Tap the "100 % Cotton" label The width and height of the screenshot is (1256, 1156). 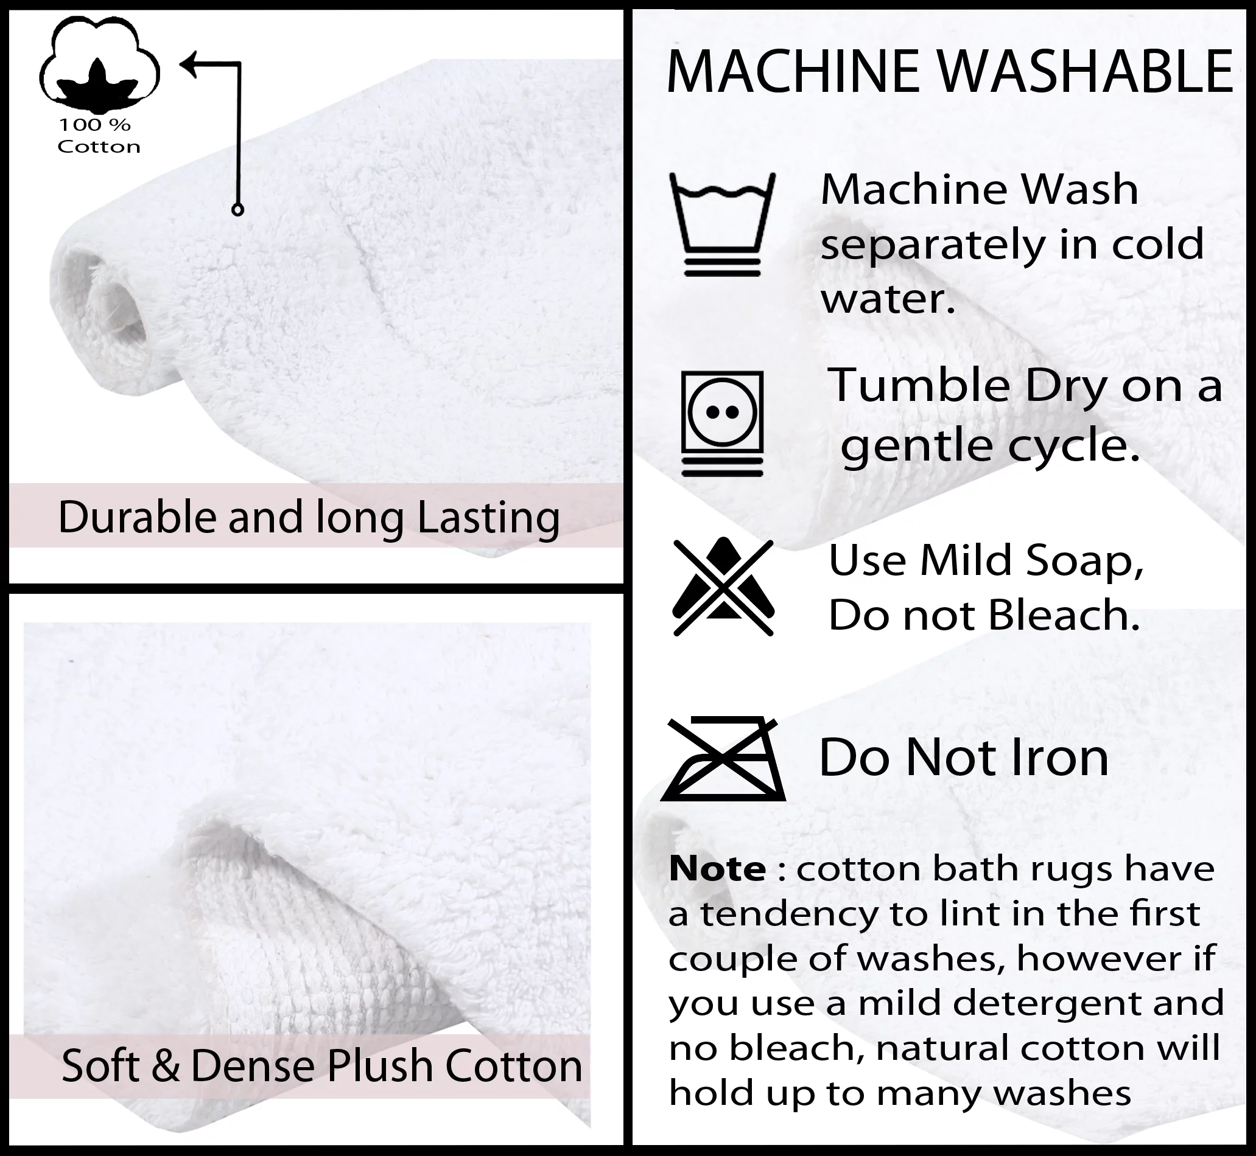pyautogui.click(x=99, y=136)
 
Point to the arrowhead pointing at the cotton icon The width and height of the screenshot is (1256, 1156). pyautogui.click(x=190, y=63)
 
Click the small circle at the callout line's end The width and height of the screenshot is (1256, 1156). pyautogui.click(x=237, y=209)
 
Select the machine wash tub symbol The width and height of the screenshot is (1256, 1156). pyautogui.click(x=722, y=225)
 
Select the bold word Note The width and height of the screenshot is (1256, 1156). pyautogui.click(x=717, y=868)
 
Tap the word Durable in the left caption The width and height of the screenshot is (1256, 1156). pyautogui.click(x=137, y=517)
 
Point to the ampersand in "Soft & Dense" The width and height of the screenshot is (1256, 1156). pyautogui.click(x=165, y=1066)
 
